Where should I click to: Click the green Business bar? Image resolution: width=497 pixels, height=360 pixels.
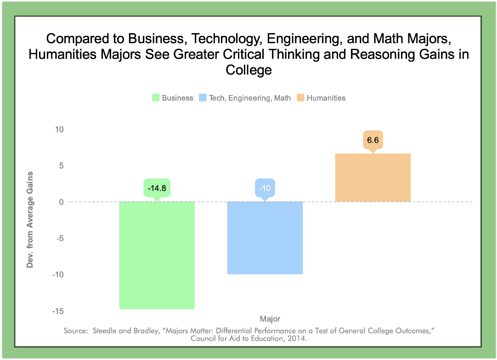[157, 255]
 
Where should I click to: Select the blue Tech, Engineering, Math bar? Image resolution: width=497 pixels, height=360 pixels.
[265, 238]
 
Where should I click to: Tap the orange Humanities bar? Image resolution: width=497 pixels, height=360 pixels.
[373, 178]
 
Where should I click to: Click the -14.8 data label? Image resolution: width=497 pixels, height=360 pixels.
[157, 188]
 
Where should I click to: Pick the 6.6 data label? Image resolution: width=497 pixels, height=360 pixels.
[373, 140]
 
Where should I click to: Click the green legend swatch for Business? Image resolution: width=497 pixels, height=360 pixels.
[155, 98]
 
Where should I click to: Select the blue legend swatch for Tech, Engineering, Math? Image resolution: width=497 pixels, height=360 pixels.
[202, 98]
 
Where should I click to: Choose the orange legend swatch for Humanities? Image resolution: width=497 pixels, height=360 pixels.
[300, 98]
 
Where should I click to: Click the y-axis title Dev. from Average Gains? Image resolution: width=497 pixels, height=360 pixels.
[30, 219]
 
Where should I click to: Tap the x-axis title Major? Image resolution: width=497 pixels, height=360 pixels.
[270, 319]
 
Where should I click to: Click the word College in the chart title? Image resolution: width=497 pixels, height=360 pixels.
[248, 70]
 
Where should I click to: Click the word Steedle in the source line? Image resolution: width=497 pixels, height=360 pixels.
[106, 331]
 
